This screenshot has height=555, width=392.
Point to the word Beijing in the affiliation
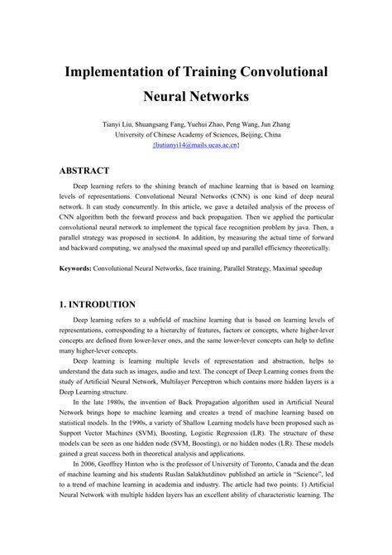coord(263,133)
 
